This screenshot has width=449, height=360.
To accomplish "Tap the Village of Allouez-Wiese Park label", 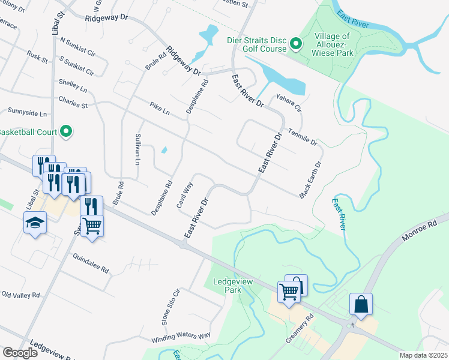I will point(333,44).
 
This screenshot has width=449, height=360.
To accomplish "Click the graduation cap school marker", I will point(34,224).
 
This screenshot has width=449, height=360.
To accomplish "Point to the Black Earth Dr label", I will point(310,179).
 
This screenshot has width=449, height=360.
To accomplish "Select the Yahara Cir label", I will point(288,103).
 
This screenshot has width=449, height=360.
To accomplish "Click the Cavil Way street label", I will point(184,195).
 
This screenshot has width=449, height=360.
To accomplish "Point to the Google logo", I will point(20,353).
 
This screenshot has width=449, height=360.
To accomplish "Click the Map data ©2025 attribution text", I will point(423,355).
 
